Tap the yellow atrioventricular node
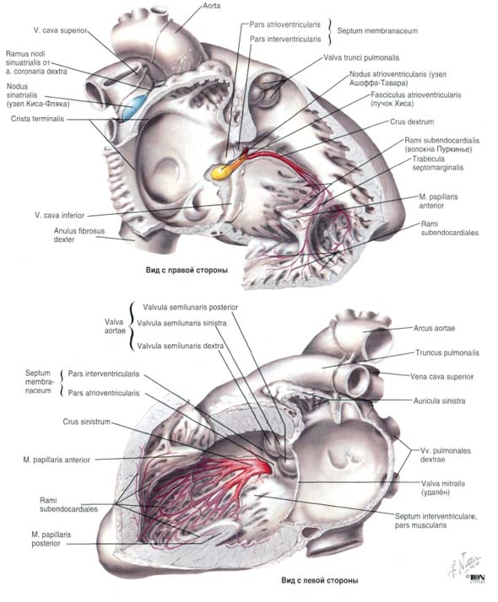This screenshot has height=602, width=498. click(x=220, y=172)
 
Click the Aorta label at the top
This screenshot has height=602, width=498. click(x=212, y=6)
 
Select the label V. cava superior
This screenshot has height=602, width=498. click(x=60, y=30)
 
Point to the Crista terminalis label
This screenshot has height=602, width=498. click(x=38, y=119)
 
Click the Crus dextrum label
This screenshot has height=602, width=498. click(x=412, y=122)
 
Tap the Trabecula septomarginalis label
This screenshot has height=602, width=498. click(x=438, y=164)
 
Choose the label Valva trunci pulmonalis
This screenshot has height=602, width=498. click(x=361, y=58)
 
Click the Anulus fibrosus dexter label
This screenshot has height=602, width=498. click(x=79, y=235)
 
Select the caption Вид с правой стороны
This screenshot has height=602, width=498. click(x=187, y=271)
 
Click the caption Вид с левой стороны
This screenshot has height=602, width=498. click(x=319, y=580)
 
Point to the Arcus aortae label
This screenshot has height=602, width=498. click(x=434, y=329)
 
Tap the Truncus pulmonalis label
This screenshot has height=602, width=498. click(x=447, y=352)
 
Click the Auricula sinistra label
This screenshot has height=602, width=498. click(x=439, y=400)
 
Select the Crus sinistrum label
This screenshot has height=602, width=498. click(x=86, y=422)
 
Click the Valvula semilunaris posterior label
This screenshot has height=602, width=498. click(x=191, y=308)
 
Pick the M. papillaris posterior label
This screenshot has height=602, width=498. click(x=51, y=539)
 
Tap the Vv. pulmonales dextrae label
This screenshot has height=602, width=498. click(x=446, y=455)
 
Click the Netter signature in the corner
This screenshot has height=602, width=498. click(x=467, y=567)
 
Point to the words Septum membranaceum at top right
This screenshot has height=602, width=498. click(x=377, y=31)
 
